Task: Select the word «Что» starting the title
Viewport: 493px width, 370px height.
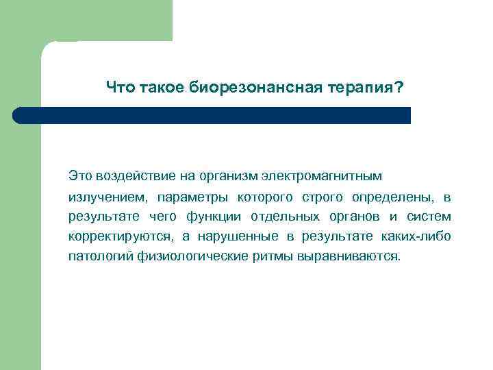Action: (x=121, y=88)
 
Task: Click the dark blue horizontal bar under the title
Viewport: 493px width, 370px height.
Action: (x=212, y=115)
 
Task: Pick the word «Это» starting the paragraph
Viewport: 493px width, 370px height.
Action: (x=79, y=177)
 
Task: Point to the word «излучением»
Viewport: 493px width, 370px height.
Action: (x=107, y=197)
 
